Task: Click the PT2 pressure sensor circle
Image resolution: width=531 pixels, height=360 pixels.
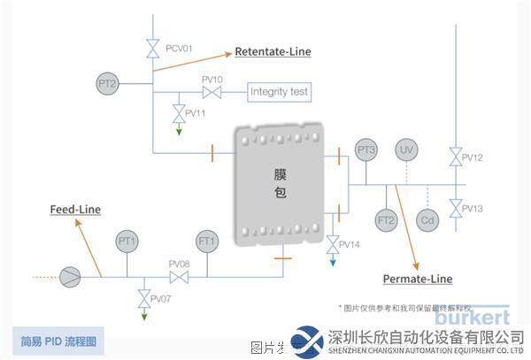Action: pyautogui.click(x=107, y=84)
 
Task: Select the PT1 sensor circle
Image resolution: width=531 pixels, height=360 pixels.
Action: pyautogui.click(x=127, y=241)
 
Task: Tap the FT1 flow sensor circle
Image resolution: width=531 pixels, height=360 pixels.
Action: pyautogui.click(x=207, y=241)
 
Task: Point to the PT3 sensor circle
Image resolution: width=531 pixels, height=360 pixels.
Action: pyautogui.click(x=366, y=150)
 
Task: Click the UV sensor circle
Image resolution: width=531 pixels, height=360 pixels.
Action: pyautogui.click(x=405, y=149)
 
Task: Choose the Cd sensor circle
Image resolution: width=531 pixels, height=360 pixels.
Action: pyautogui.click(x=427, y=219)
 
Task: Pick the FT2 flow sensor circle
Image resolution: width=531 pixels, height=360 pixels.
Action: pyautogui.click(x=386, y=219)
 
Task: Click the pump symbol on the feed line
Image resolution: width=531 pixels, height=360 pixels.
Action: pyautogui.click(x=70, y=277)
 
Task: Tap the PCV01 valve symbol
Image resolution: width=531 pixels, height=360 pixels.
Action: pyautogui.click(x=153, y=47)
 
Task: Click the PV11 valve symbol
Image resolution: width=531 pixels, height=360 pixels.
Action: pyautogui.click(x=179, y=112)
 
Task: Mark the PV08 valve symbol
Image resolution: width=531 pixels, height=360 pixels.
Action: pyautogui.click(x=180, y=277)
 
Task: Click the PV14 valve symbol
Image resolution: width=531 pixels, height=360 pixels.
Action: pyautogui.click(x=332, y=242)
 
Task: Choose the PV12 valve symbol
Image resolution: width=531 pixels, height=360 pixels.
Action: pyautogui.click(x=455, y=158)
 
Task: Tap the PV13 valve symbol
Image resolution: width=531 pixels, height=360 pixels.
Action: pyautogui.click(x=455, y=209)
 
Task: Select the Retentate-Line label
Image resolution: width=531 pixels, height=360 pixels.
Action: pyautogui.click(x=273, y=52)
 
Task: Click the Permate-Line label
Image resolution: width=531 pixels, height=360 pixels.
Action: pyautogui.click(x=417, y=279)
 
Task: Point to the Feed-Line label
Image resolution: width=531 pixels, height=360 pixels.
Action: pyautogui.click(x=74, y=210)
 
